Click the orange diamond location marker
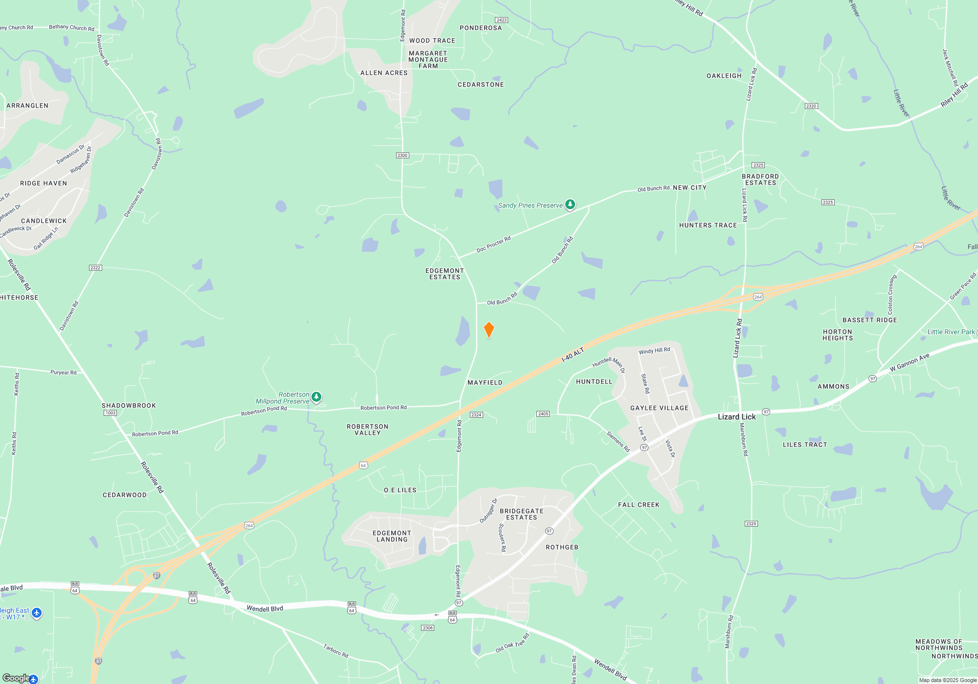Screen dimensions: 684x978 click(489, 330)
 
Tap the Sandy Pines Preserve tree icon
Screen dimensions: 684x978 click(570, 205)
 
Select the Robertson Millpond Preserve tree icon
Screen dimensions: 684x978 click(316, 397)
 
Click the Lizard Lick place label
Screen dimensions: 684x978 click(736, 417)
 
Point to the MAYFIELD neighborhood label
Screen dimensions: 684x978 click(485, 383)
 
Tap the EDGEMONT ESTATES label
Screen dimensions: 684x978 click(445, 274)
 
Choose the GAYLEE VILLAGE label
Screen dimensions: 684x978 click(659, 408)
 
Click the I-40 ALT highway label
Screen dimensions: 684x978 click(573, 355)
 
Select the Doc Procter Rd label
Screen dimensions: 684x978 click(493, 244)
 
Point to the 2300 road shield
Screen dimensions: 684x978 click(402, 155)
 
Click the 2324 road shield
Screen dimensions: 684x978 click(476, 415)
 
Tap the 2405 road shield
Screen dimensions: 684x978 click(543, 414)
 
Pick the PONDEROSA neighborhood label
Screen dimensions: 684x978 click(481, 28)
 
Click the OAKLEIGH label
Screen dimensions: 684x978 click(724, 76)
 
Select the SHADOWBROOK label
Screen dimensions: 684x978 click(129, 406)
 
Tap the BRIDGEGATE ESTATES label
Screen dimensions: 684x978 click(521, 514)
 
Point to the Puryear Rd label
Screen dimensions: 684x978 click(64, 372)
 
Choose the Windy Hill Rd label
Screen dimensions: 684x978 click(654, 351)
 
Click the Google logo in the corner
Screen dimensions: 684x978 click(16, 678)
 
